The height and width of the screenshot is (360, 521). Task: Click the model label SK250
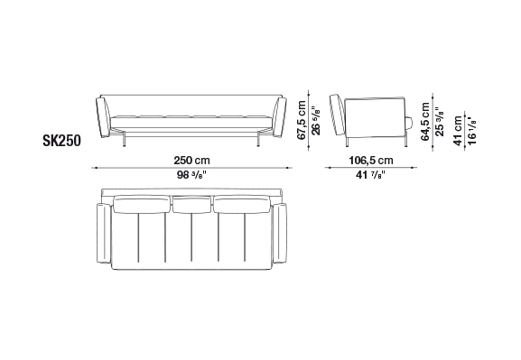[61, 141]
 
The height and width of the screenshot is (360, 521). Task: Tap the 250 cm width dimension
[192, 161]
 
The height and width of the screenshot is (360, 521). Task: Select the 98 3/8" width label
[191, 175]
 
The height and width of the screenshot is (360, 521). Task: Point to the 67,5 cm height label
[302, 120]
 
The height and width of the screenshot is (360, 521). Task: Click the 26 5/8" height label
[316, 120]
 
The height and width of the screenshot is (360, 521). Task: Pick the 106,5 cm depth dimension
[371, 161]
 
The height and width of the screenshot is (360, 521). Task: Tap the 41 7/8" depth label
[370, 175]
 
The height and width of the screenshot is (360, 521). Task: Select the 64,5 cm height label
[425, 122]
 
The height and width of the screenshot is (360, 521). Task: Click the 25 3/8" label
[439, 122]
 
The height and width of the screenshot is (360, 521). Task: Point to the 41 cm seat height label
[458, 131]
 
